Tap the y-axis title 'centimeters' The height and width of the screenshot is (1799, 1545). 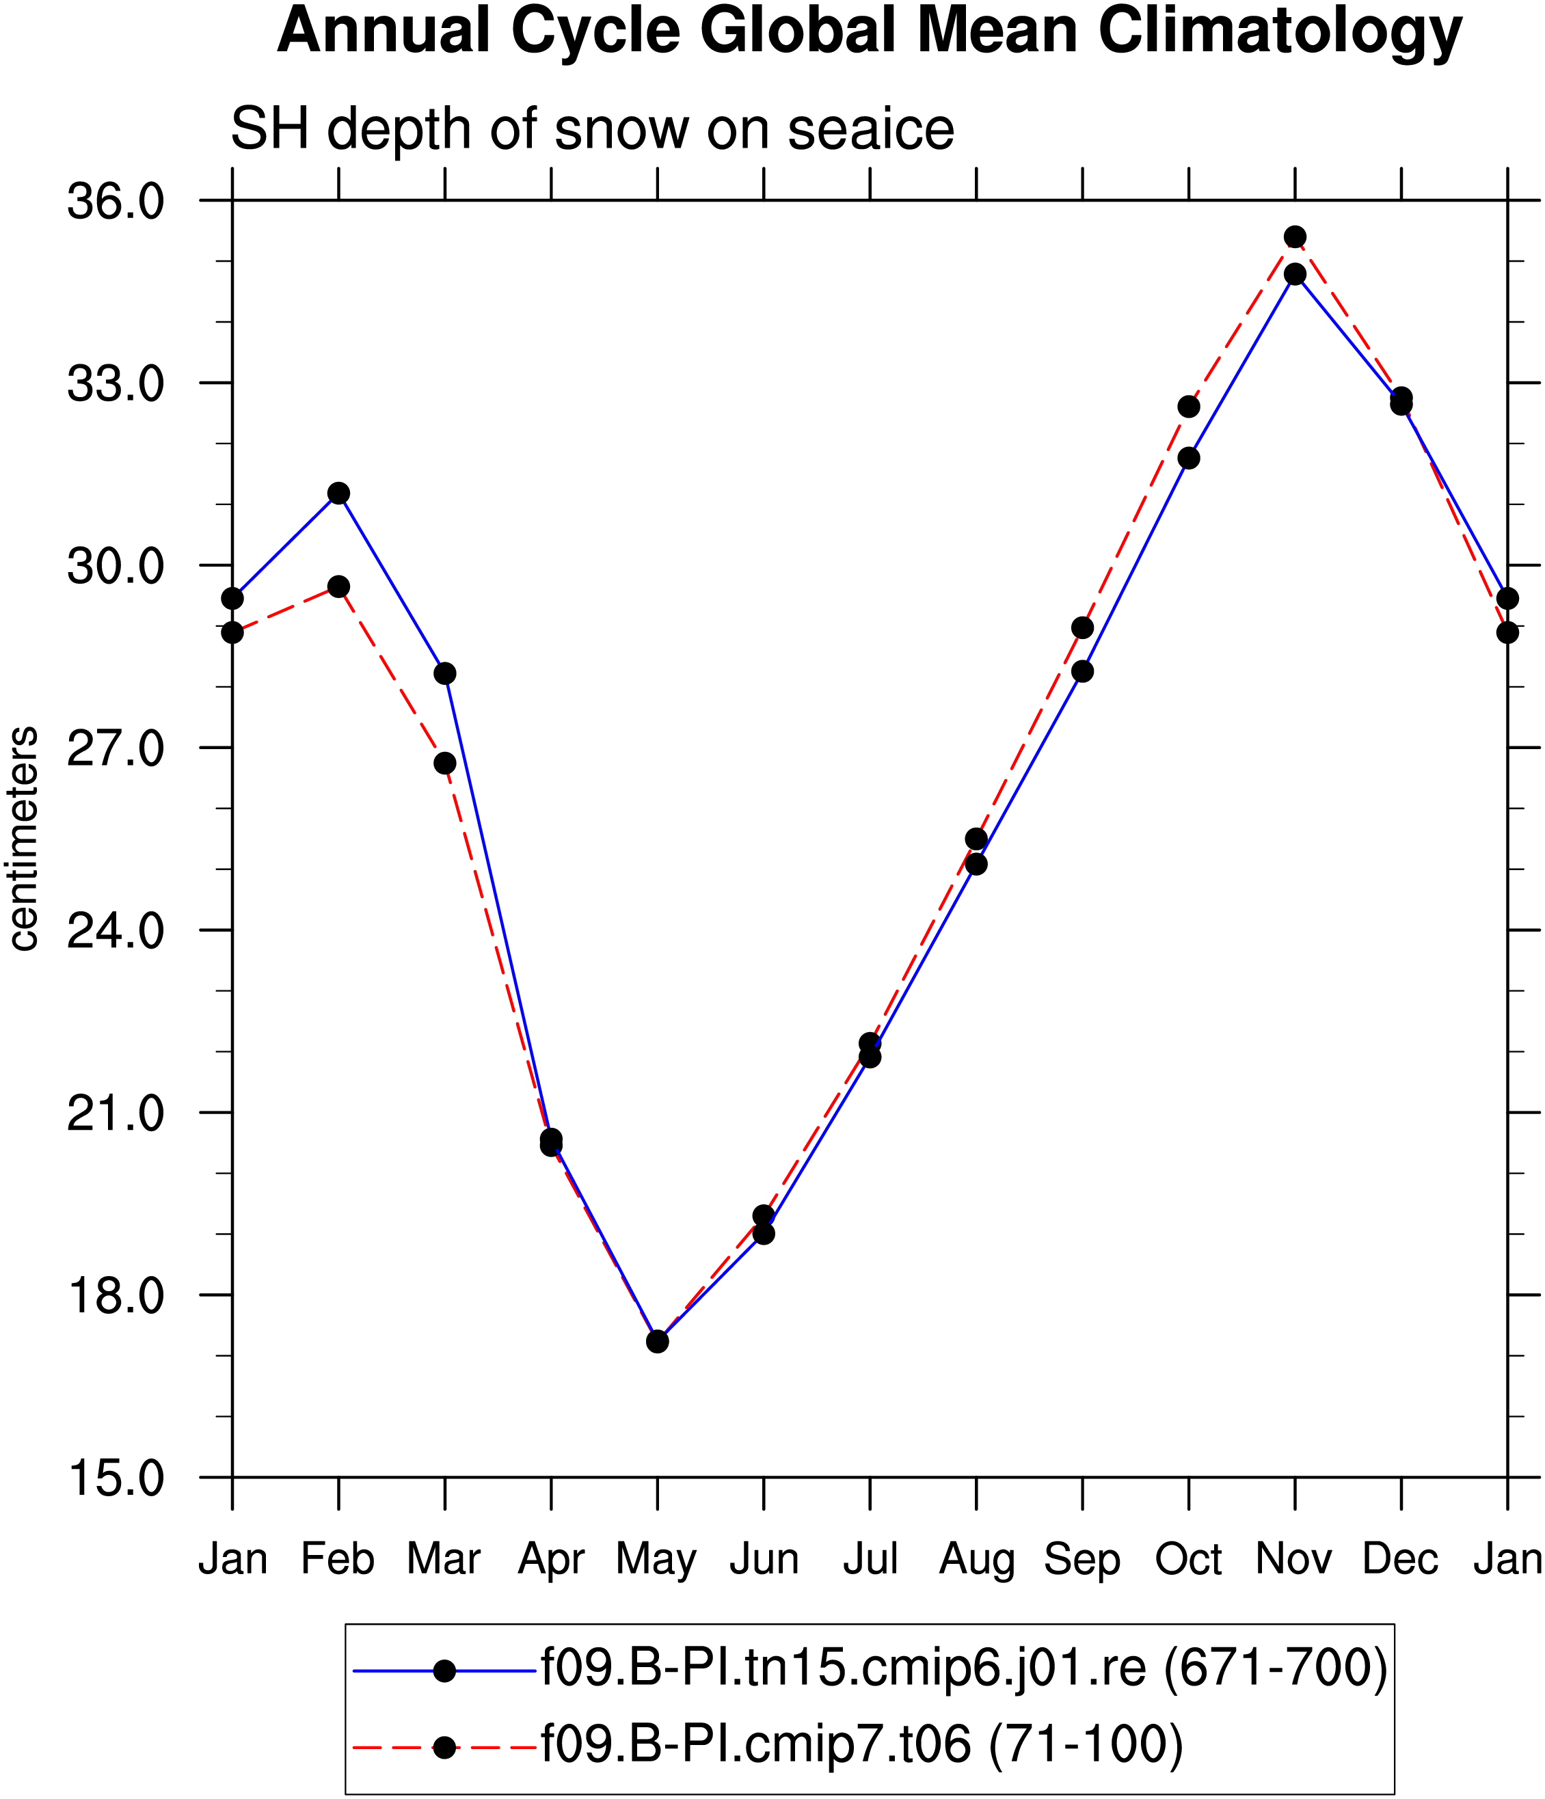click(x=23, y=839)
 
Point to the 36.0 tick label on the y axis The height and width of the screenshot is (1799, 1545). click(x=116, y=202)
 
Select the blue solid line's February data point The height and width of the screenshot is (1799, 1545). click(x=338, y=493)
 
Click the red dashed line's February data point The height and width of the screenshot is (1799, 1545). click(x=338, y=587)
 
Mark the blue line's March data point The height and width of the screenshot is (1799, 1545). click(x=444, y=674)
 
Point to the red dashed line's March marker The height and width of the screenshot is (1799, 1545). click(x=444, y=763)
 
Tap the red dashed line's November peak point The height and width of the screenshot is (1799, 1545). click(x=1295, y=237)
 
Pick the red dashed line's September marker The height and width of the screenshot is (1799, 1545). click(x=1082, y=627)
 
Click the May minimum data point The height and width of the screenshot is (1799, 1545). click(x=658, y=1342)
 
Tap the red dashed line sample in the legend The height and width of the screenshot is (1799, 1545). click(x=444, y=1746)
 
